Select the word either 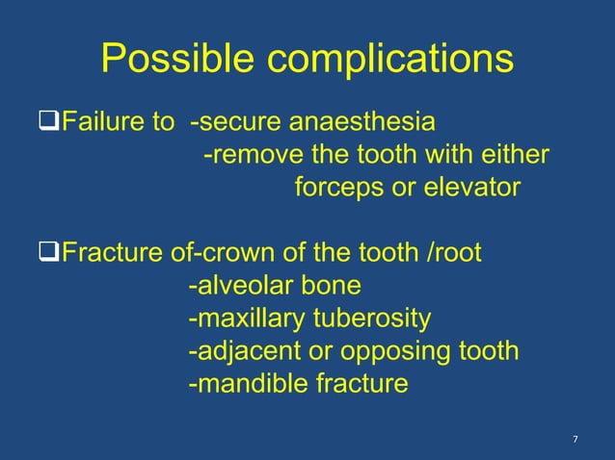[x=515, y=155]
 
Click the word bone [x=330, y=286]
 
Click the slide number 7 [x=575, y=440]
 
